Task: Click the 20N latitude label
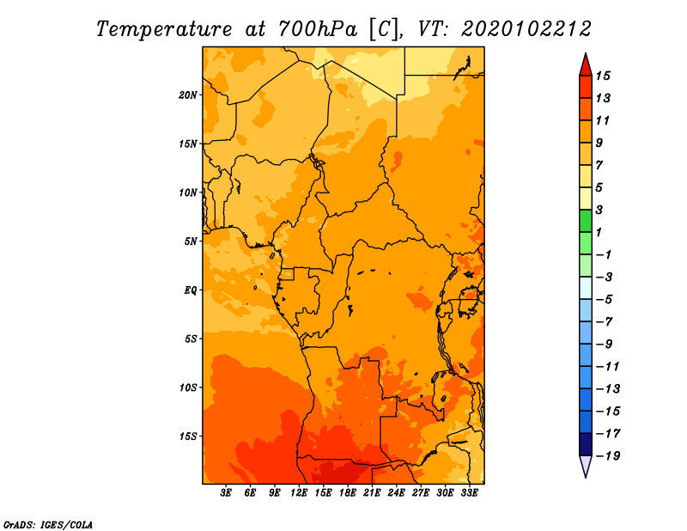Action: pos(188,95)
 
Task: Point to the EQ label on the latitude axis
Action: pos(191,290)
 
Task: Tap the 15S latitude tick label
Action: pos(188,436)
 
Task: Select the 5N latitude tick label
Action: pos(191,241)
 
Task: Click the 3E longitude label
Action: pos(226,492)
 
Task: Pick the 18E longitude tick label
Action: pos(348,492)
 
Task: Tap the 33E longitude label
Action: pos(469,492)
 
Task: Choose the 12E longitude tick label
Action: pos(299,492)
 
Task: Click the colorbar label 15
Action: pos(603,76)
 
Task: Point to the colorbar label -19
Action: pos(608,456)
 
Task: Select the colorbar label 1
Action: pos(599,232)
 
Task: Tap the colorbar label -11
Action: pos(608,367)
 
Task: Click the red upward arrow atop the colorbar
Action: pos(586,65)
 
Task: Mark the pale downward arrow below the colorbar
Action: pos(586,467)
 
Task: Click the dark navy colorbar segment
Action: pos(586,444)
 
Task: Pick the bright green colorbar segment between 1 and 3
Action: pos(586,221)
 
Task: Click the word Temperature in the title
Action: pos(164,29)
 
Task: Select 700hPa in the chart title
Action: pos(317,29)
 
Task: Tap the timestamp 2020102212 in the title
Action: pos(526,29)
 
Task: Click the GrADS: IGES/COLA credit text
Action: pos(48,525)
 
